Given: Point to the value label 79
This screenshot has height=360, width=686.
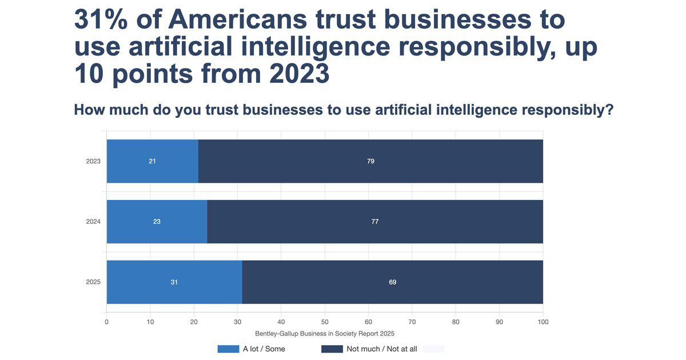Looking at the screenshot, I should (370, 161).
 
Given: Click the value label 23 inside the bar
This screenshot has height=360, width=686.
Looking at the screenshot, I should (157, 222).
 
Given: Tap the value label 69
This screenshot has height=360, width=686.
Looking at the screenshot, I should (393, 282).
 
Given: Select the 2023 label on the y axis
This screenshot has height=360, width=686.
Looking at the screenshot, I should (93, 161).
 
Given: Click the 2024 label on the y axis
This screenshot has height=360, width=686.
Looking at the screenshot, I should (93, 222).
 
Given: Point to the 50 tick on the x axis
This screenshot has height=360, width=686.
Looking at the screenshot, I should (325, 322).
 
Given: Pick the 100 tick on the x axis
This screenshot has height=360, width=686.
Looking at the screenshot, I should (543, 322).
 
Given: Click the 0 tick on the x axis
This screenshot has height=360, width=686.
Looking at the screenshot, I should (106, 322).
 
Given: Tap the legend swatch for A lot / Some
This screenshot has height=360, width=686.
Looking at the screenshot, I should (228, 349).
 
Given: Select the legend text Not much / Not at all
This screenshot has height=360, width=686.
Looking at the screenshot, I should (382, 349).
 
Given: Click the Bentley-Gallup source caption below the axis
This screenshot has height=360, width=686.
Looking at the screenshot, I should (325, 333).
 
